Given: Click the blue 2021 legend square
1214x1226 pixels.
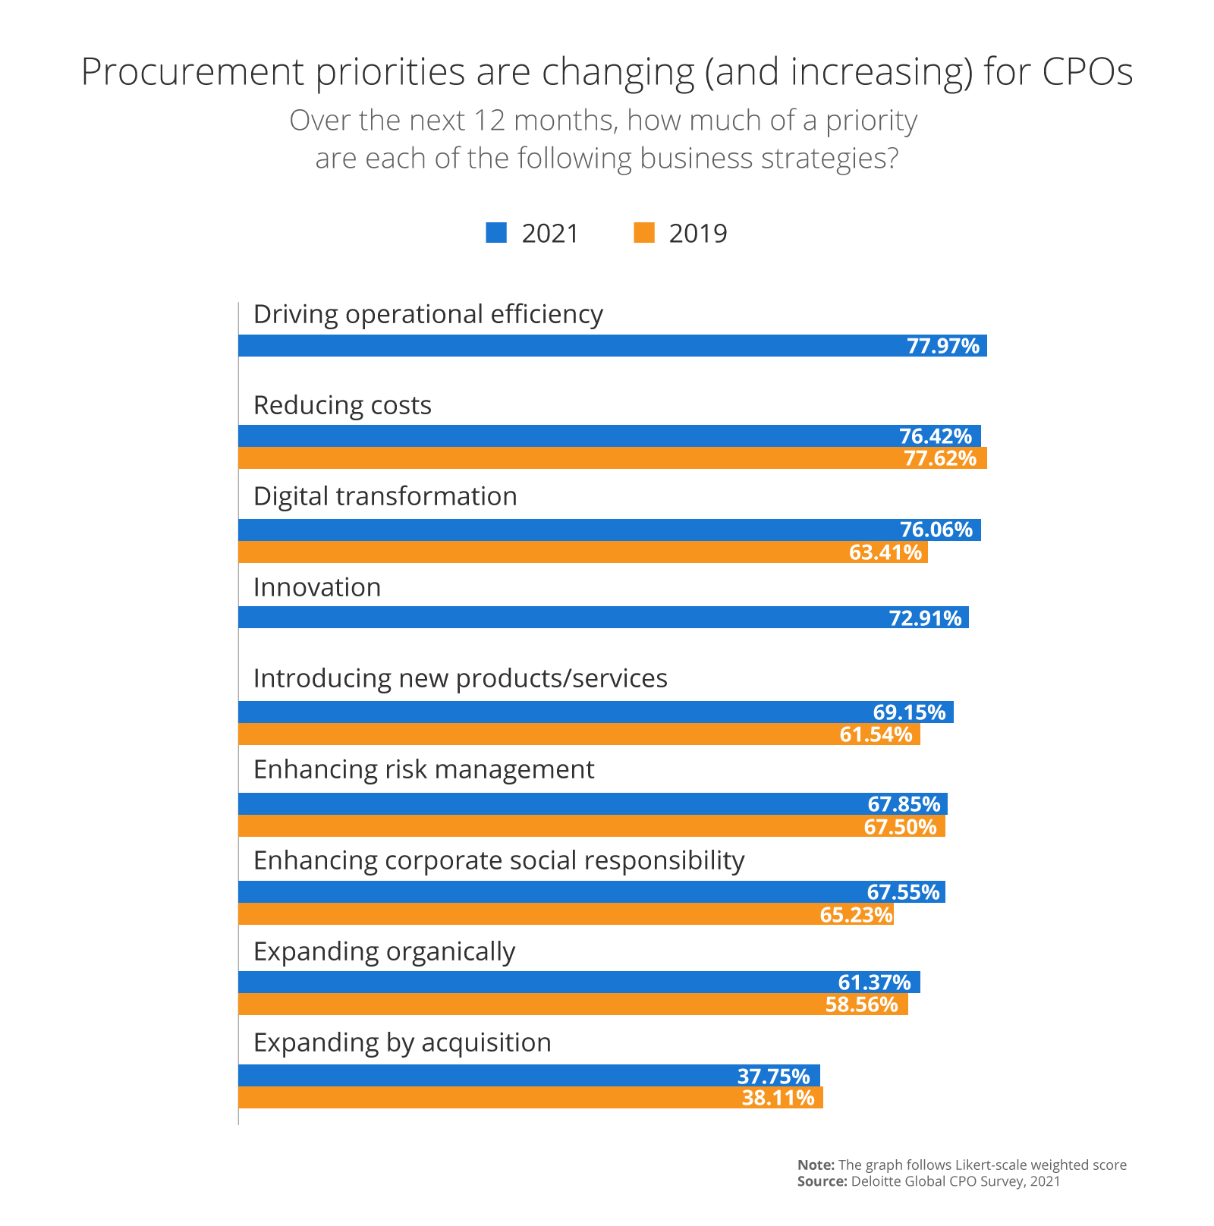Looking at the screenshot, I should (496, 233).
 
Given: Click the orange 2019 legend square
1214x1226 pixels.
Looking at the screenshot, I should (644, 233).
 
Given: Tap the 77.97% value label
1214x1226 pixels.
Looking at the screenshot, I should (943, 346).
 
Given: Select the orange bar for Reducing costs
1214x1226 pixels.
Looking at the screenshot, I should (569, 458).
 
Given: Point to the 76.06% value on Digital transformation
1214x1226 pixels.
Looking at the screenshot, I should (936, 530).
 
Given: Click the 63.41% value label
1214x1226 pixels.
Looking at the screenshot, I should (885, 552).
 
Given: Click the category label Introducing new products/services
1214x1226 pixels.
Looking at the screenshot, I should (460, 678).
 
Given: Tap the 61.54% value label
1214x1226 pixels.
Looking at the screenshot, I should (876, 734).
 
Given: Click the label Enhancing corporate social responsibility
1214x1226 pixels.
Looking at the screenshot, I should (498, 860).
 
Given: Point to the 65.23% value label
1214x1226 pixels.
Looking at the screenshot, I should (856, 915).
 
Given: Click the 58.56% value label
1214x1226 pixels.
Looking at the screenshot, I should (861, 1005).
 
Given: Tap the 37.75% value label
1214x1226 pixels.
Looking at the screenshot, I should (773, 1077).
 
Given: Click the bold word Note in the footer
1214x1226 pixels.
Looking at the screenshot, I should (816, 1165).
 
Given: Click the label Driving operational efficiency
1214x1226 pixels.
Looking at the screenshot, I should (428, 314).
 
